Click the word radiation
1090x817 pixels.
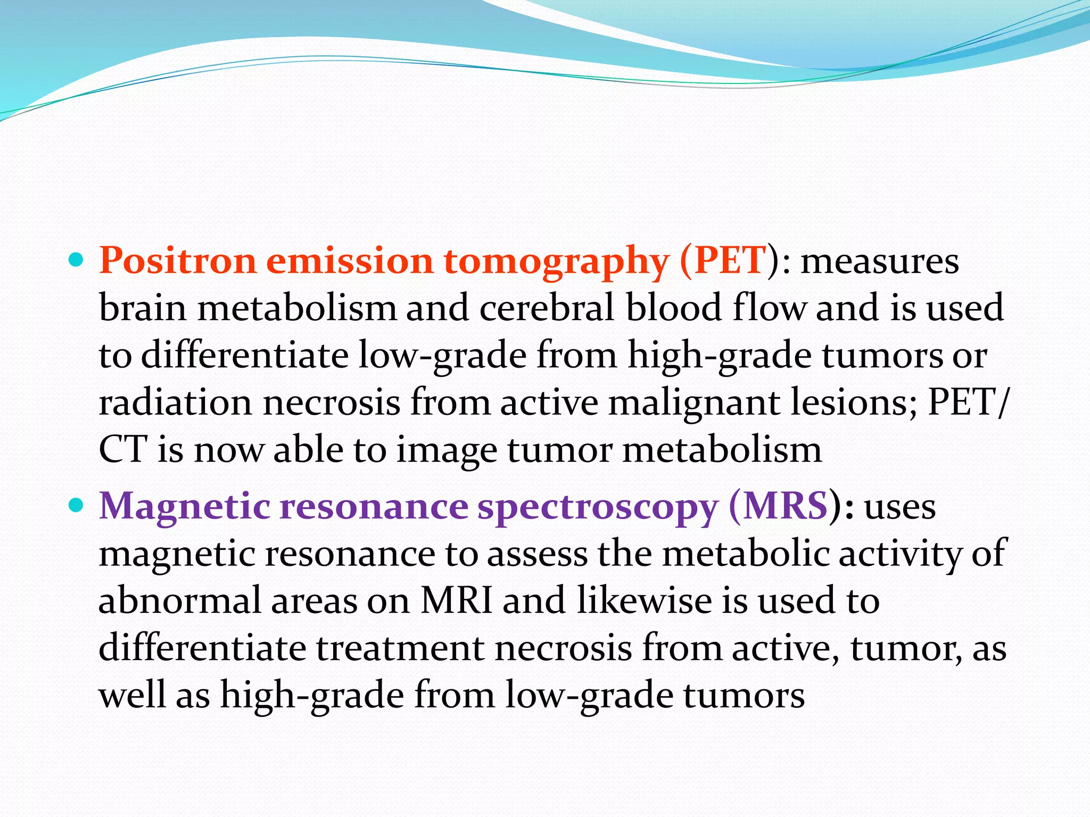point(175,403)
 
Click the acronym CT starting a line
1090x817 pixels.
point(122,450)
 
